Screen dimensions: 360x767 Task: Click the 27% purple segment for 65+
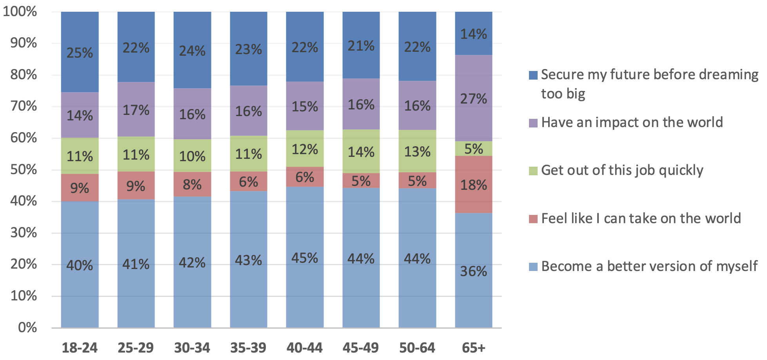(473, 98)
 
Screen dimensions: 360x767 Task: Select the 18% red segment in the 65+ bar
(473, 184)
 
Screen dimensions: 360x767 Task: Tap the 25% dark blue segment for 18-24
(80, 52)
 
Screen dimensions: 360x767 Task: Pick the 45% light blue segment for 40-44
(305, 257)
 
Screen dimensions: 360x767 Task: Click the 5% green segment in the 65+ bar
(473, 149)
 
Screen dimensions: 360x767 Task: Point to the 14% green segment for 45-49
(361, 151)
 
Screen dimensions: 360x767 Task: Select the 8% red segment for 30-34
(192, 184)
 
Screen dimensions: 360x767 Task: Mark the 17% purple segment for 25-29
(136, 109)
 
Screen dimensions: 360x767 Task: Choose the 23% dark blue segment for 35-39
(249, 49)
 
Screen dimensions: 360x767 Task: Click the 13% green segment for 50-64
(417, 151)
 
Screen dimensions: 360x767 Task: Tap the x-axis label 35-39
(248, 347)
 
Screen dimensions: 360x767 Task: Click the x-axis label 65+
(473, 347)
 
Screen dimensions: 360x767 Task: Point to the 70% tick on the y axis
(24, 106)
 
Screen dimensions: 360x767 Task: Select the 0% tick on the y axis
(27, 327)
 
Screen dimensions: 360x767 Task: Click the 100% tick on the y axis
(20, 11)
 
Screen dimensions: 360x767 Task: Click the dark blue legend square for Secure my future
(533, 75)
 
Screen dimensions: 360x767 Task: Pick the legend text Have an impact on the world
(632, 122)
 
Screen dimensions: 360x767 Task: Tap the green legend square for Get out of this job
(533, 171)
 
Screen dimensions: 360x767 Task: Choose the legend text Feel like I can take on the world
(641, 218)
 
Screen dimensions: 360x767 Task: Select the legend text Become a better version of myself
(649, 266)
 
